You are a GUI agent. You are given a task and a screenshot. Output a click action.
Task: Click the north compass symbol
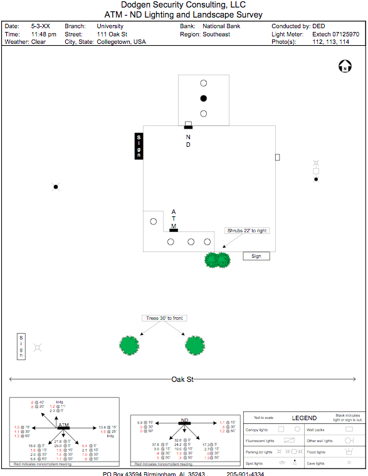pyautogui.click(x=344, y=66)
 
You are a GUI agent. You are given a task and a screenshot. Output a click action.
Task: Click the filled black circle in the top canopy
pyautogui.click(x=203, y=98)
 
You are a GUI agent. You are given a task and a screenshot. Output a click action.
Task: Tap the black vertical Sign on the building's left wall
pyautogui.click(x=139, y=146)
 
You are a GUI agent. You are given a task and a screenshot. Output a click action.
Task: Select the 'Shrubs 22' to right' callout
pyautogui.click(x=246, y=231)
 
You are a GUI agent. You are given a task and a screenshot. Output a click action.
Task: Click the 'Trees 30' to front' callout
pyautogui.click(x=164, y=318)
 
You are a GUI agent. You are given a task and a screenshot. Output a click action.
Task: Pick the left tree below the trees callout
pyautogui.click(x=129, y=344)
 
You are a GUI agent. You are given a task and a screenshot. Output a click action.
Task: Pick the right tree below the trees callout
pyautogui.click(x=195, y=344)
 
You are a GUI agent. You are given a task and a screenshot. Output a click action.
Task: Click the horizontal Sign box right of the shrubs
pyautogui.click(x=256, y=256)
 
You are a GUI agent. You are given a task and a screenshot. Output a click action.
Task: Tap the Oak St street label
pyautogui.click(x=182, y=379)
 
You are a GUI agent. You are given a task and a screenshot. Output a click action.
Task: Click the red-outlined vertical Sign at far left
pyautogui.click(x=21, y=347)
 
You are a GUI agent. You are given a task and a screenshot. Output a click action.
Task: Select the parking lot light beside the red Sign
pyautogui.click(x=38, y=347)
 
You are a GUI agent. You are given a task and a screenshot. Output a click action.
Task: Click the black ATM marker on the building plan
pyautogui.click(x=174, y=230)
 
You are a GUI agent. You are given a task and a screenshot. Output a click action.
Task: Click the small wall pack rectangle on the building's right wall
pyautogui.click(x=277, y=157)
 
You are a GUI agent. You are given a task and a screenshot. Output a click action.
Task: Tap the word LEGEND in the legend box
pyautogui.click(x=304, y=418)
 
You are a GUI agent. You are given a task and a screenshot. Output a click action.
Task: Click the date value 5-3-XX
pyautogui.click(x=41, y=26)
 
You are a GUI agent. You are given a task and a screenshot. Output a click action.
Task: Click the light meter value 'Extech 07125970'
pyautogui.click(x=335, y=34)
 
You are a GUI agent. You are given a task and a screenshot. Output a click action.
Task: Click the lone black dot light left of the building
pyautogui.click(x=55, y=186)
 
